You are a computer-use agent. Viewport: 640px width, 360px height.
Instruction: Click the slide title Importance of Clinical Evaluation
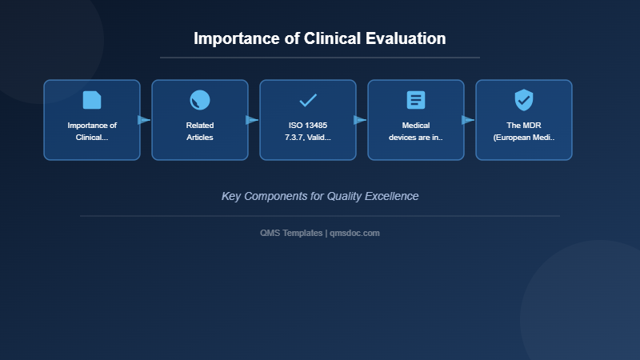click(320, 38)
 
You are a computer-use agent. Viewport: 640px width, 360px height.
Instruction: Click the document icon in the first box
click(92, 100)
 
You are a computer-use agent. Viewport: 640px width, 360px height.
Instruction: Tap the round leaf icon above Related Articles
click(200, 100)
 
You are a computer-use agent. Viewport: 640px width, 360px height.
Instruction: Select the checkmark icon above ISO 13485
click(308, 100)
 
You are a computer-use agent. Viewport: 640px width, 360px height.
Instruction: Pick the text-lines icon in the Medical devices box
click(416, 100)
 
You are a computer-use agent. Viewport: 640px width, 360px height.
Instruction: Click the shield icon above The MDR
click(524, 100)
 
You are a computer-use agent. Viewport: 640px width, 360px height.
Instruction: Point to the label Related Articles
click(200, 131)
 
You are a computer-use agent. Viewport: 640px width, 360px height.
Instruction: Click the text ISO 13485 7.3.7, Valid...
click(308, 131)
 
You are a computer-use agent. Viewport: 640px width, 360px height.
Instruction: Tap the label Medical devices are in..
click(416, 131)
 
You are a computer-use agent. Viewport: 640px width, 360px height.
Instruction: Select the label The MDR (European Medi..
click(524, 131)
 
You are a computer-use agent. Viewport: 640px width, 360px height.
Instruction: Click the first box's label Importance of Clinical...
click(92, 131)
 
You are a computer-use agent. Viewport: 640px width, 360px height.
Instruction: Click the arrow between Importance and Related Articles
click(144, 120)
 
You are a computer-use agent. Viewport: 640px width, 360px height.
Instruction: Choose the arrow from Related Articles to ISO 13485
click(252, 120)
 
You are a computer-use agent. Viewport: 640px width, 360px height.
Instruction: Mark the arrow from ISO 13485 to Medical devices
click(360, 120)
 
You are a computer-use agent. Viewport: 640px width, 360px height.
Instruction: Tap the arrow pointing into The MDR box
click(468, 120)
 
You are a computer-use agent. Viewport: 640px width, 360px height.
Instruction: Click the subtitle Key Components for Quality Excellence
click(320, 196)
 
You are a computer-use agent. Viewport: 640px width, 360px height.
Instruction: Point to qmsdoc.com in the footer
click(355, 233)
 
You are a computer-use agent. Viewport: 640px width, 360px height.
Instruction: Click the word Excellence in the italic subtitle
click(391, 196)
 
